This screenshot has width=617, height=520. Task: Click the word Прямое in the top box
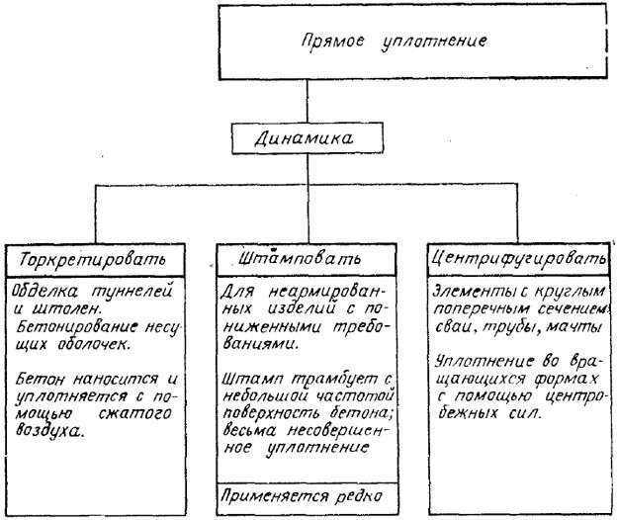[x=333, y=42]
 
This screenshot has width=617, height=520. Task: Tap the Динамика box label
[x=304, y=138]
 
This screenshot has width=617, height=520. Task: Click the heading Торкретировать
[x=93, y=260]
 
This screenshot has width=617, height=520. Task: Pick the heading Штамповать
[x=300, y=258]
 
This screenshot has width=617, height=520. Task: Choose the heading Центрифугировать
[x=519, y=259]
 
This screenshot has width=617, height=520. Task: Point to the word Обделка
[x=44, y=291]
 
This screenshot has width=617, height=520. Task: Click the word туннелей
[x=132, y=292]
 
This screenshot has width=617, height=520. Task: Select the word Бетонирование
[x=77, y=327]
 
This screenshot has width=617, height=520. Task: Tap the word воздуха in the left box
[x=50, y=430]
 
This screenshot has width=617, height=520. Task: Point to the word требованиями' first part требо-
[x=358, y=327]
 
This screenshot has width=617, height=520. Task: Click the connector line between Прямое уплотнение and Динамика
[x=308, y=102]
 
